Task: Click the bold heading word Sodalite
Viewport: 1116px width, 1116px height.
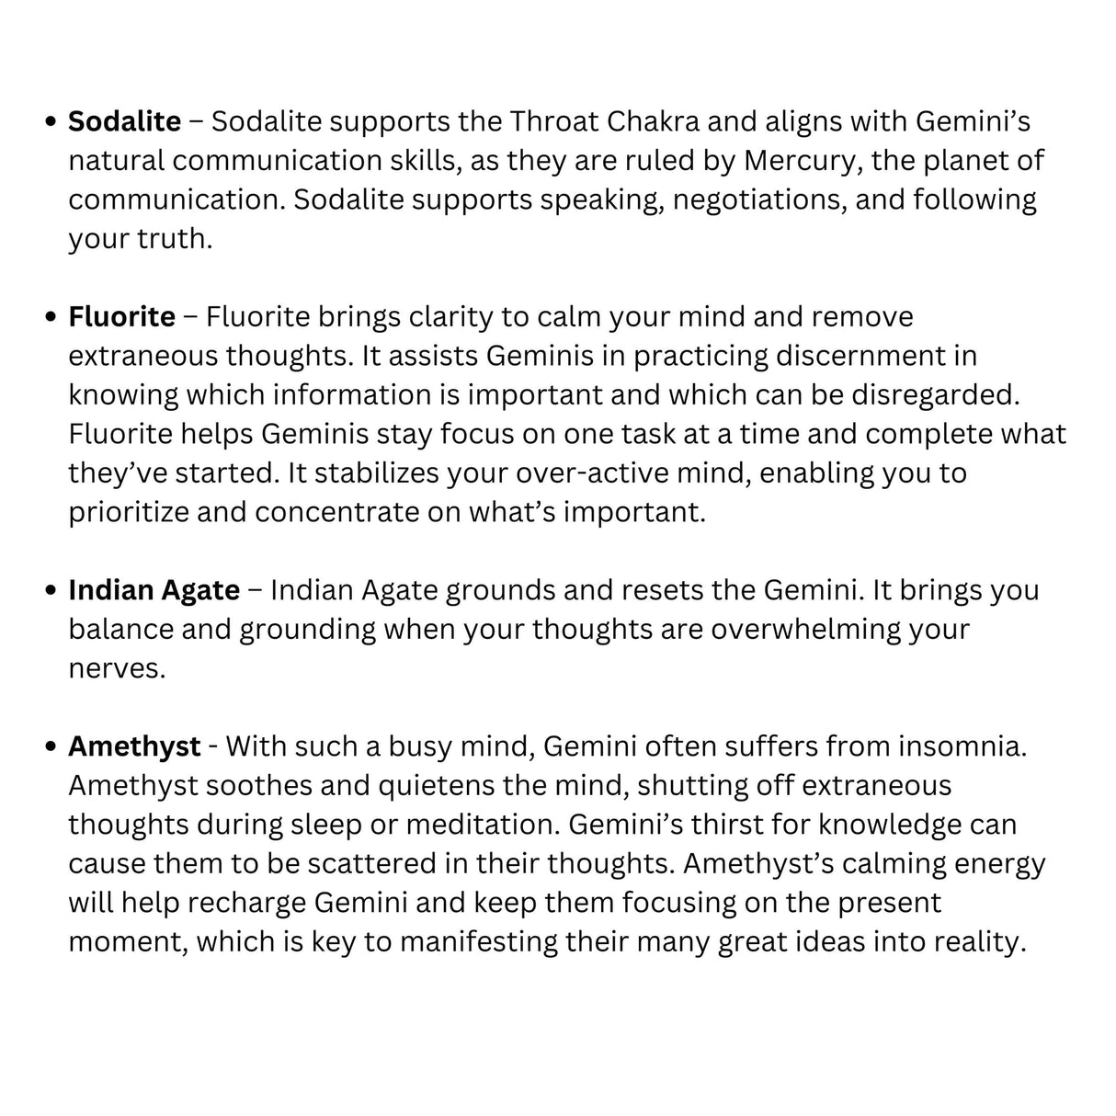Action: pos(125,121)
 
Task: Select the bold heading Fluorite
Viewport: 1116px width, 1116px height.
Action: pos(121,317)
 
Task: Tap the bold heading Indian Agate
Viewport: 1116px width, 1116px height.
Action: pos(154,590)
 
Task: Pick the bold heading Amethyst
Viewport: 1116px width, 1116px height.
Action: pos(134,746)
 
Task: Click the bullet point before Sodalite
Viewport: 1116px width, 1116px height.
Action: pos(51,122)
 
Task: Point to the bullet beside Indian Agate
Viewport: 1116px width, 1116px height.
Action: pos(51,591)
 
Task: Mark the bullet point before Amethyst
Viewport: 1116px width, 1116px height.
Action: pos(51,747)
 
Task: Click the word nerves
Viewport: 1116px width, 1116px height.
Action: pos(117,669)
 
